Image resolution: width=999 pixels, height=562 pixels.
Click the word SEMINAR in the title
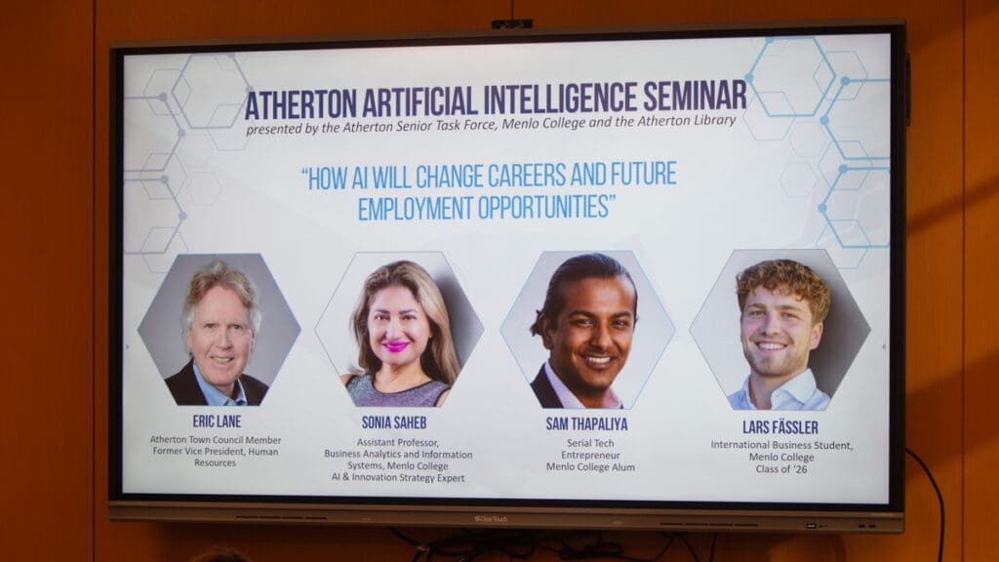pyautogui.click(x=695, y=97)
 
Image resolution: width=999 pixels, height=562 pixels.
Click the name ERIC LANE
pyautogui.click(x=217, y=421)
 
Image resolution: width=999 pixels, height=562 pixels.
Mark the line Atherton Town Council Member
pyautogui.click(x=216, y=439)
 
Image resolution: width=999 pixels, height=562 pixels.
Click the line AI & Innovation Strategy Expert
pyautogui.click(x=397, y=478)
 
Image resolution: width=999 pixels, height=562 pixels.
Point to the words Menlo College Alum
pyautogui.click(x=590, y=467)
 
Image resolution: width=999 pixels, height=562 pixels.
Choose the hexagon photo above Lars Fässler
pyautogui.click(x=779, y=330)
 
